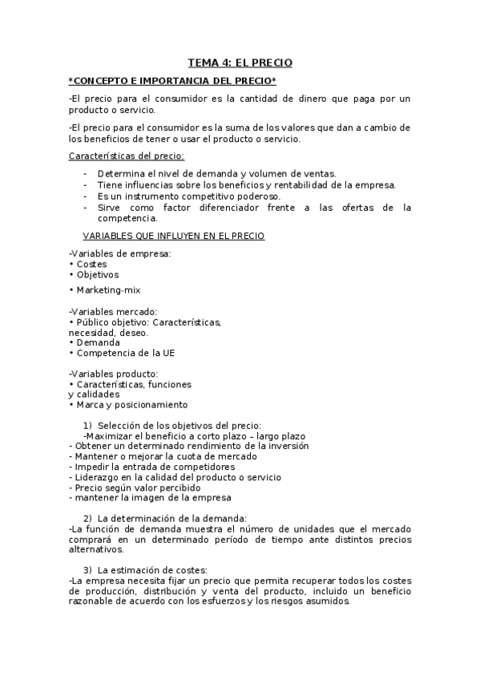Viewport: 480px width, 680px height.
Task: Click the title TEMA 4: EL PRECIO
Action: (x=240, y=61)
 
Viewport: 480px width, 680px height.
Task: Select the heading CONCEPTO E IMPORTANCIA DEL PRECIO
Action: (x=173, y=82)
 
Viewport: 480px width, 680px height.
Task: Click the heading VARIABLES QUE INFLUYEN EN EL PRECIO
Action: (x=174, y=236)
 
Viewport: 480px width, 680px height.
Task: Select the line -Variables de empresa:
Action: (x=120, y=253)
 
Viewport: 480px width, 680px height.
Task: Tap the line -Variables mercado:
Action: (x=113, y=311)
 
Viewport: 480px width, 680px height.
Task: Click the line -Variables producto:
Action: (x=114, y=373)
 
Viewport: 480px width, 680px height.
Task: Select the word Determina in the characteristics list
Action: (x=121, y=173)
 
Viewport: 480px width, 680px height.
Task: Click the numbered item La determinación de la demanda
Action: (x=172, y=518)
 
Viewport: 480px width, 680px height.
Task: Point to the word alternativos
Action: (x=97, y=550)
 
